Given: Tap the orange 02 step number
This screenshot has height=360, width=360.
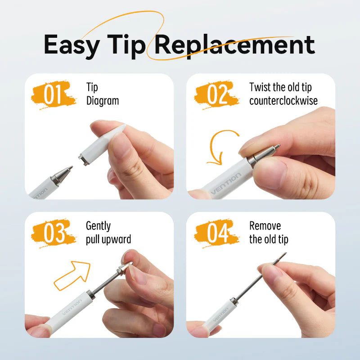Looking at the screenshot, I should coord(216,94).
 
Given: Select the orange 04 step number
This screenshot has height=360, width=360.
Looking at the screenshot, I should coord(216,233).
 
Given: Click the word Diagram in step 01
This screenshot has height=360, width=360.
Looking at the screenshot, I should coord(103,101).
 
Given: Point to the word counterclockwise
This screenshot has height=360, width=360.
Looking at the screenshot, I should coord(283,101).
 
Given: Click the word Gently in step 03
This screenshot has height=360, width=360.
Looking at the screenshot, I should coord(98,226).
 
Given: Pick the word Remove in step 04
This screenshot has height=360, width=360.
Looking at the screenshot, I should coord(265,226).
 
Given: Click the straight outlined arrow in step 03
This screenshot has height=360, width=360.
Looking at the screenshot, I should coord(72,274).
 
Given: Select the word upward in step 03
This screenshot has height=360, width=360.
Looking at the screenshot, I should coord(115,239).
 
